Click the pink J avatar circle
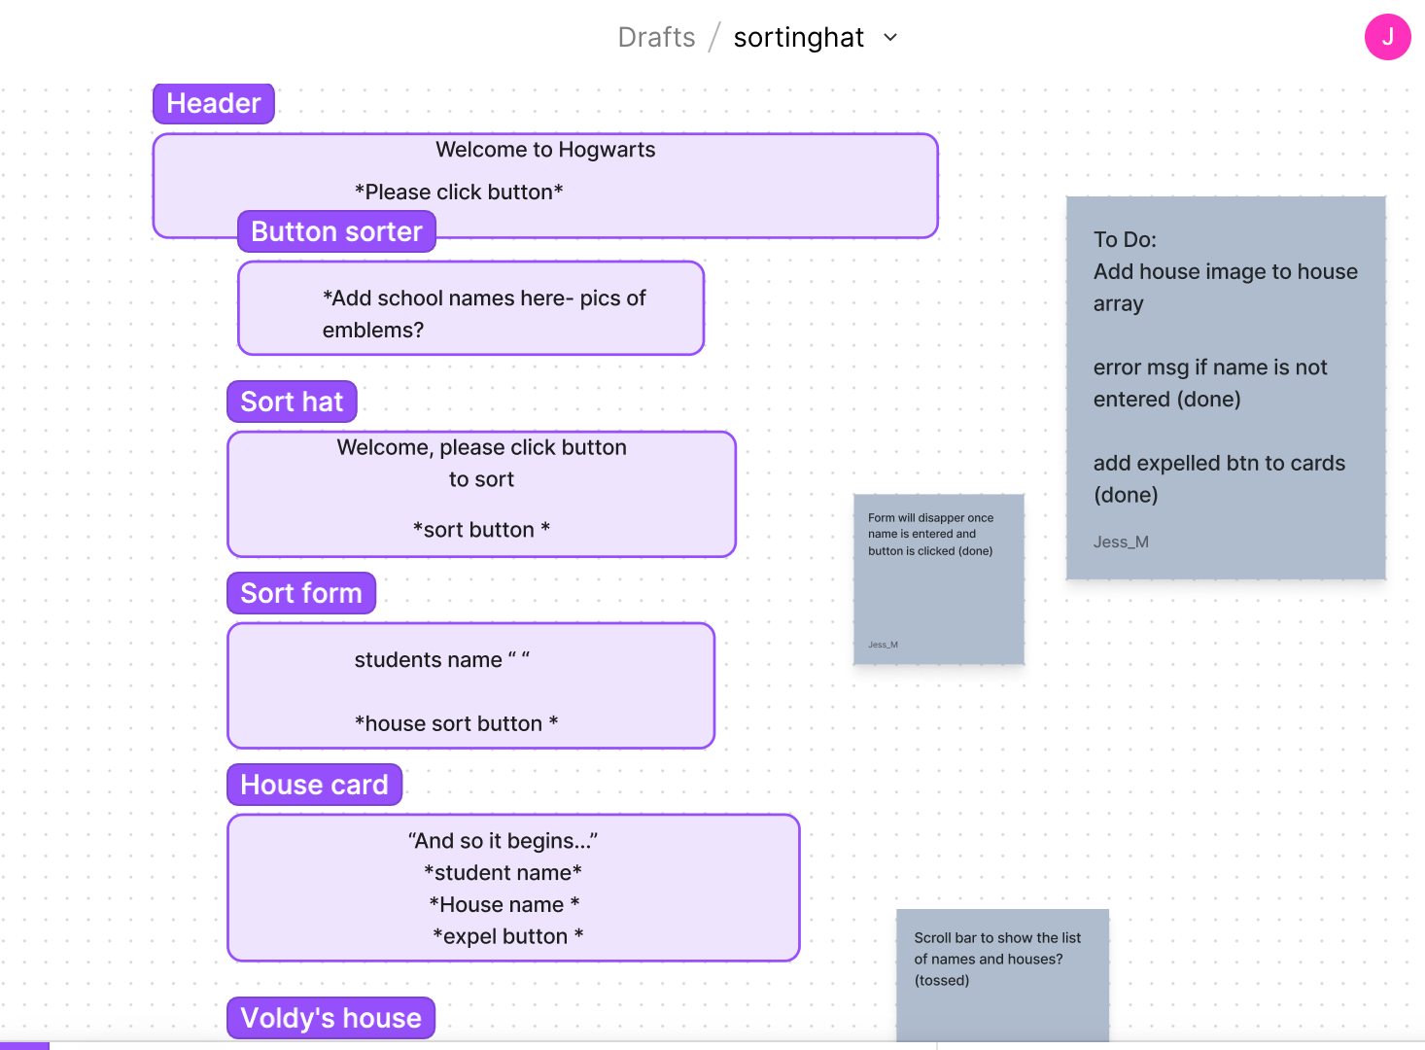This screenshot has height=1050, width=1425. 1387,37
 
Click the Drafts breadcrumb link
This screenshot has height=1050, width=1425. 656,37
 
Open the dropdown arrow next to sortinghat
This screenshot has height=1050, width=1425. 890,38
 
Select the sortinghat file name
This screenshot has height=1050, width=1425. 798,37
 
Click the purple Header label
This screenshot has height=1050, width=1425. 214,103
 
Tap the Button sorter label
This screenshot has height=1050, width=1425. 336,231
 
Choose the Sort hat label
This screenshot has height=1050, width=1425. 292,402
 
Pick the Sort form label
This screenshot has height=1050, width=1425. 301,593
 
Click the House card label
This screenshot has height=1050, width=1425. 314,785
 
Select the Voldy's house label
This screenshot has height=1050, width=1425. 330,1018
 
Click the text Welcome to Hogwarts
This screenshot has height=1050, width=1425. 545,150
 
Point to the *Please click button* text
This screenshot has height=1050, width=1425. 459,192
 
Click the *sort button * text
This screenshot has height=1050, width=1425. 481,530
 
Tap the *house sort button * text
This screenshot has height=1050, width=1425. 456,723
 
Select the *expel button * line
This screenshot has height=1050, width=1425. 507,936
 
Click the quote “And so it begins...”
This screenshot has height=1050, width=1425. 503,841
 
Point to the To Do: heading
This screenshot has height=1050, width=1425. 1125,240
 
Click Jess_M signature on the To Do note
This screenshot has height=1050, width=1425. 1121,542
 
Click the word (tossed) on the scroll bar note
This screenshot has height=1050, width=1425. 941,980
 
